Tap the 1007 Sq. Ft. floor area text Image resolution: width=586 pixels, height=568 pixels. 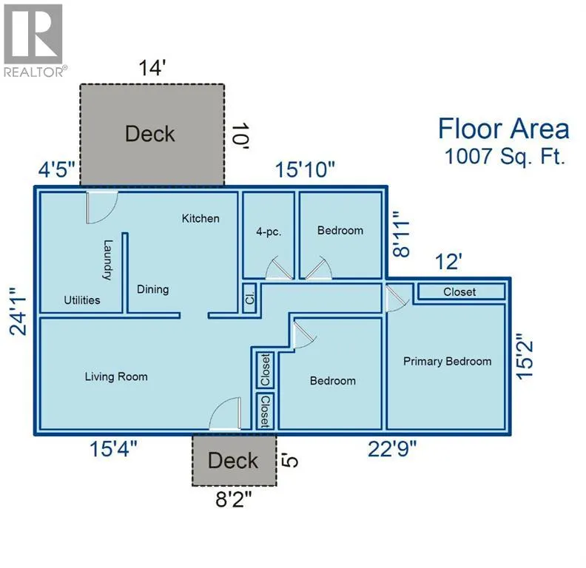(504, 156)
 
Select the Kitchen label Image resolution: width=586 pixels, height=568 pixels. (201, 218)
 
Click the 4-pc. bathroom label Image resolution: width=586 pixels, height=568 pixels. (269, 231)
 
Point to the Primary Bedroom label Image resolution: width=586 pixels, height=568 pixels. (448, 362)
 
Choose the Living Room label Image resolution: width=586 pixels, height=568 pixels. (116, 376)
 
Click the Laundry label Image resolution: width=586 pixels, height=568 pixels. (107, 260)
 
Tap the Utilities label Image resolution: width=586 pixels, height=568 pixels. (82, 300)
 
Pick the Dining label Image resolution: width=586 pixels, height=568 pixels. (153, 289)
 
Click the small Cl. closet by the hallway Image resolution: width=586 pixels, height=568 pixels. (249, 298)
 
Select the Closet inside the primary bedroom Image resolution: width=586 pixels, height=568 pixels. (459, 292)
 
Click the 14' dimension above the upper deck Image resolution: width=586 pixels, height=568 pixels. (152, 68)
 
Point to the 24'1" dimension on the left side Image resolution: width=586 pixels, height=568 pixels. (18, 311)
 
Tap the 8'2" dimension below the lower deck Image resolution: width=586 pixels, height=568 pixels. (234, 499)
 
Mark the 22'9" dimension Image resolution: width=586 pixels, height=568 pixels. (392, 449)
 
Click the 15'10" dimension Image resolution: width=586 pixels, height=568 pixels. (305, 169)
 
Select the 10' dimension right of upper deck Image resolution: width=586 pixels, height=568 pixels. (240, 136)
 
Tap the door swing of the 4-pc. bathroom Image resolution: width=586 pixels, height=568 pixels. (279, 268)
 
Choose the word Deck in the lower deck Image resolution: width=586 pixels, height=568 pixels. (233, 460)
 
